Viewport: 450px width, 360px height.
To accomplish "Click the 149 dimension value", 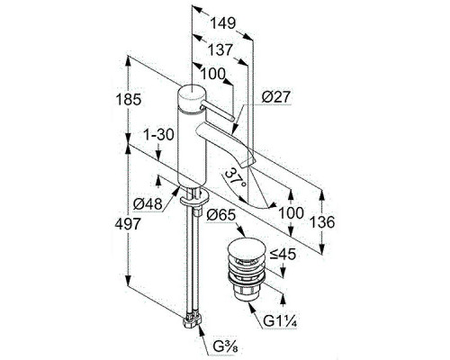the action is [x=223, y=23].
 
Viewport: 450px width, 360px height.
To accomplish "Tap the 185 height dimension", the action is [x=128, y=99].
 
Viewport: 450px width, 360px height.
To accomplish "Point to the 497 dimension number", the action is [x=128, y=224].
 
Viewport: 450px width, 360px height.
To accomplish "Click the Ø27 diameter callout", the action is [x=276, y=97].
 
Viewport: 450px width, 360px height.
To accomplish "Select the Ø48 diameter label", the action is [x=148, y=204].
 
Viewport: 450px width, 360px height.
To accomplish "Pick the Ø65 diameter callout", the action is [x=221, y=215].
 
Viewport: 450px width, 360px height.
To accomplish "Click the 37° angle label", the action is [x=236, y=178].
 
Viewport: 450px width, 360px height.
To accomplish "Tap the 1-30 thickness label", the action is [x=158, y=135].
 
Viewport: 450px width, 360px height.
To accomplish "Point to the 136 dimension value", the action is [x=322, y=222].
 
